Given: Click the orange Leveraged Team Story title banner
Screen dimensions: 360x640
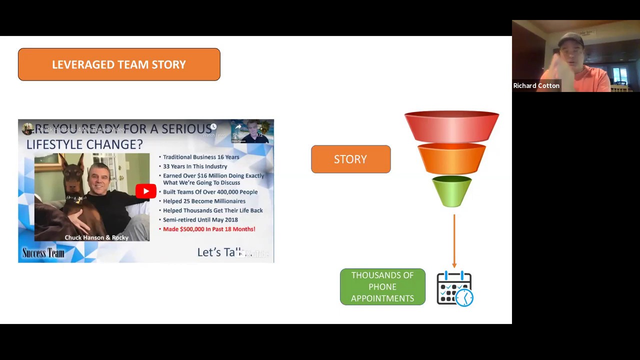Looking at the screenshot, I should click(x=119, y=64).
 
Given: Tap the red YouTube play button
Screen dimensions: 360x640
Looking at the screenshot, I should click(x=145, y=191).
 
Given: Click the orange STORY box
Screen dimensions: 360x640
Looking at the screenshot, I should click(x=350, y=159).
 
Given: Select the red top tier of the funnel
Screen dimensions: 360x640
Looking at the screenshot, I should click(x=451, y=126).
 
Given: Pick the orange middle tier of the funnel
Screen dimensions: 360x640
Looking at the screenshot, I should click(x=451, y=159).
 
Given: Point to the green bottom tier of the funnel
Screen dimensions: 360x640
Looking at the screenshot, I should click(x=451, y=191).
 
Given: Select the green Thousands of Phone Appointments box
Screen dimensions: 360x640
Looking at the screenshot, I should click(x=382, y=287).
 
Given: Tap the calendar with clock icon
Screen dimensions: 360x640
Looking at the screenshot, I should click(x=454, y=288).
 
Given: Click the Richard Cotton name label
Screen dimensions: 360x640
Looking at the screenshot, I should click(x=536, y=85).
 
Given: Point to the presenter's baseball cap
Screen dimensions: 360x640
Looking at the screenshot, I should click(x=570, y=39).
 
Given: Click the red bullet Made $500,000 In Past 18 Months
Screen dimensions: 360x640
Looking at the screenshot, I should click(x=209, y=229).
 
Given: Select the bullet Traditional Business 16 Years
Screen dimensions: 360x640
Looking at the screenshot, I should click(x=200, y=157).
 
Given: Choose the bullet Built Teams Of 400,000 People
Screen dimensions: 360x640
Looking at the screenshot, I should click(x=210, y=192).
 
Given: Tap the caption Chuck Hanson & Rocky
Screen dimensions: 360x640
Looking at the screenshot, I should click(x=96, y=237).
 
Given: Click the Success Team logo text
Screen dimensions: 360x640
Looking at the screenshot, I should click(x=43, y=253).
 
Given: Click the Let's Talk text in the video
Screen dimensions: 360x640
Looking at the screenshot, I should click(x=219, y=252).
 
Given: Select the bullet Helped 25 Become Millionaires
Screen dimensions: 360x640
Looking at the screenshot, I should click(x=204, y=201).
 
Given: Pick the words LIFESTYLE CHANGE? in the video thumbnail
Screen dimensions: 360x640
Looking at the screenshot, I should click(x=84, y=144).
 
